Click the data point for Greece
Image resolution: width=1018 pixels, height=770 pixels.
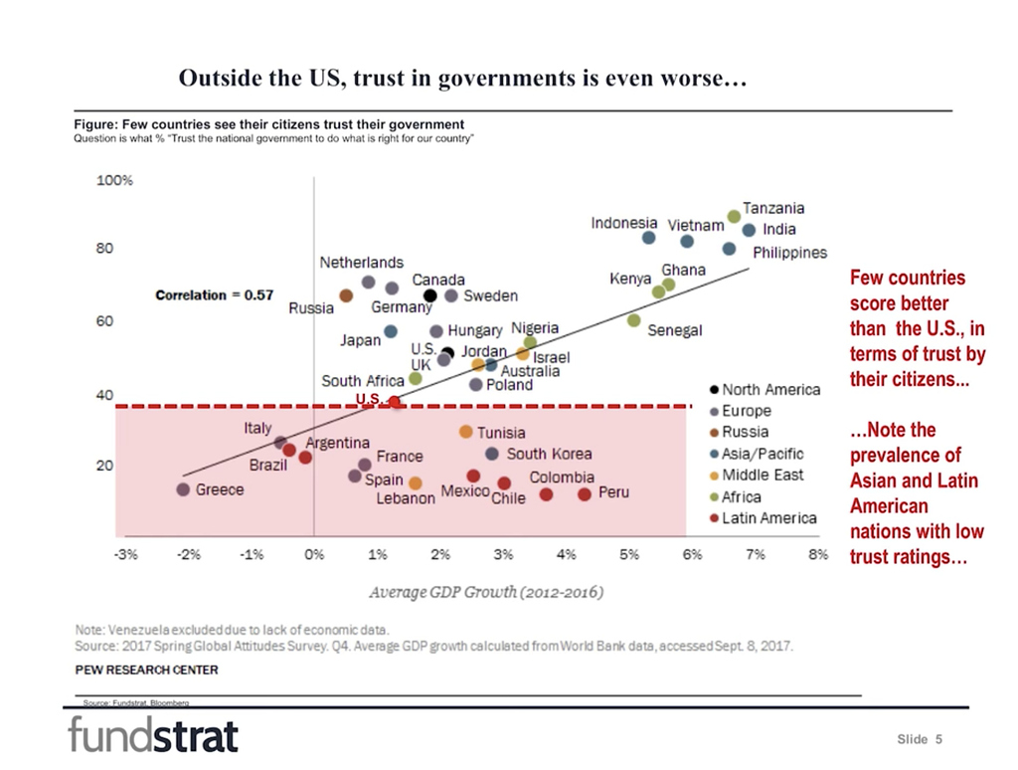point(183,489)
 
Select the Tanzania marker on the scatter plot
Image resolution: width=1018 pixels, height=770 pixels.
point(734,216)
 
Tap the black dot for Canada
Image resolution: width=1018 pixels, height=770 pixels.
point(430,295)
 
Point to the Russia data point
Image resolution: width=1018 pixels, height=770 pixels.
point(346,295)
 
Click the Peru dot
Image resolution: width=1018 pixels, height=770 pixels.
point(585,494)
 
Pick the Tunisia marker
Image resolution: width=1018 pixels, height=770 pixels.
point(465,432)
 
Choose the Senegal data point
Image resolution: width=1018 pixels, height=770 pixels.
point(633,320)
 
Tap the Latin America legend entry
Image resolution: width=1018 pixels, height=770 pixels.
point(768,517)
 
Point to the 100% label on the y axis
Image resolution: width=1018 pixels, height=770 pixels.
point(114,181)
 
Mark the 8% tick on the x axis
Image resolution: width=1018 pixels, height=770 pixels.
point(818,554)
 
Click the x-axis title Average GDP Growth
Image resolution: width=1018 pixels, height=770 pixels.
point(486,592)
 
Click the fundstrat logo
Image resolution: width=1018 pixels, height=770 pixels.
point(153,736)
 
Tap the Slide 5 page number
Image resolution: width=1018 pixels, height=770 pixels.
point(919,739)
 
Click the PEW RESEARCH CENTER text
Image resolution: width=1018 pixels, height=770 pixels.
point(146,670)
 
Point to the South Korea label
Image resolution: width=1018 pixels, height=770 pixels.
point(549,454)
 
